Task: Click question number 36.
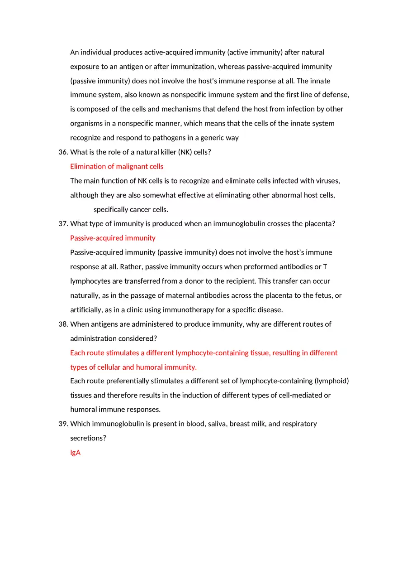pos(63,152)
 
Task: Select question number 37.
pos(63,224)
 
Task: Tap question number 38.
pos(63,324)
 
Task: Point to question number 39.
pos(63,424)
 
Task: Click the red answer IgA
pos(75,452)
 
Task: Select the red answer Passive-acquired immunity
pos(113,238)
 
